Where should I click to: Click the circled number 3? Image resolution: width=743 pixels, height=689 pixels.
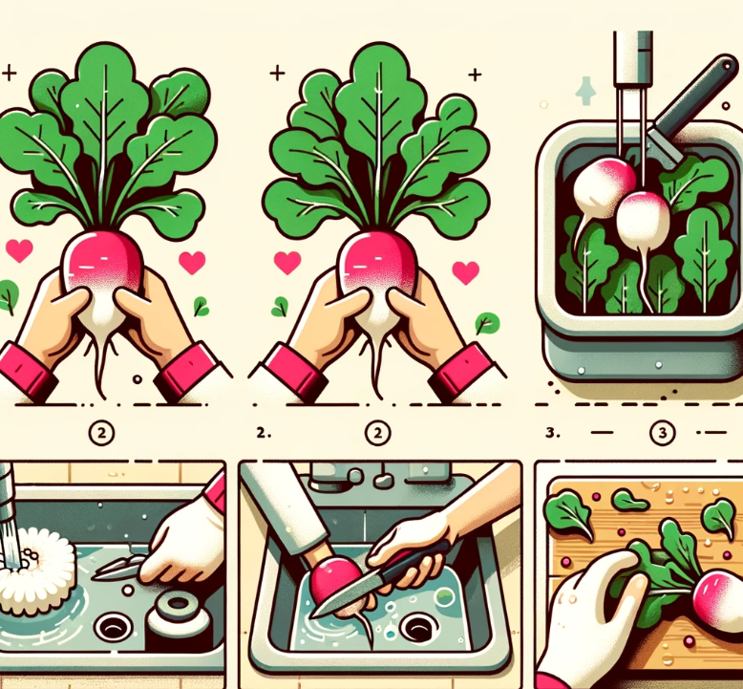(x=662, y=433)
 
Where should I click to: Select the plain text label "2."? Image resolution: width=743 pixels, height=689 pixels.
(x=263, y=433)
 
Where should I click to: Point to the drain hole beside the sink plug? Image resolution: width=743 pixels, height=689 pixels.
(x=113, y=627)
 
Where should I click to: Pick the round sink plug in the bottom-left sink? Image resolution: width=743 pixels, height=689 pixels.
(x=178, y=614)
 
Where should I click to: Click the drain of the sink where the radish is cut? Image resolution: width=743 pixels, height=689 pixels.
(x=418, y=628)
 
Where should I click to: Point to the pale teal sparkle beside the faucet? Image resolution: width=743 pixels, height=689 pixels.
(x=585, y=91)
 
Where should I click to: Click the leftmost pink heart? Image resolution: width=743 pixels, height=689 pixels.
(x=19, y=250)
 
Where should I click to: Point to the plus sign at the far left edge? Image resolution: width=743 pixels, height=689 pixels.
(x=9, y=73)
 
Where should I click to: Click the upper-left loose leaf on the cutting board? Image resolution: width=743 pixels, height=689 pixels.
(x=568, y=515)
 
